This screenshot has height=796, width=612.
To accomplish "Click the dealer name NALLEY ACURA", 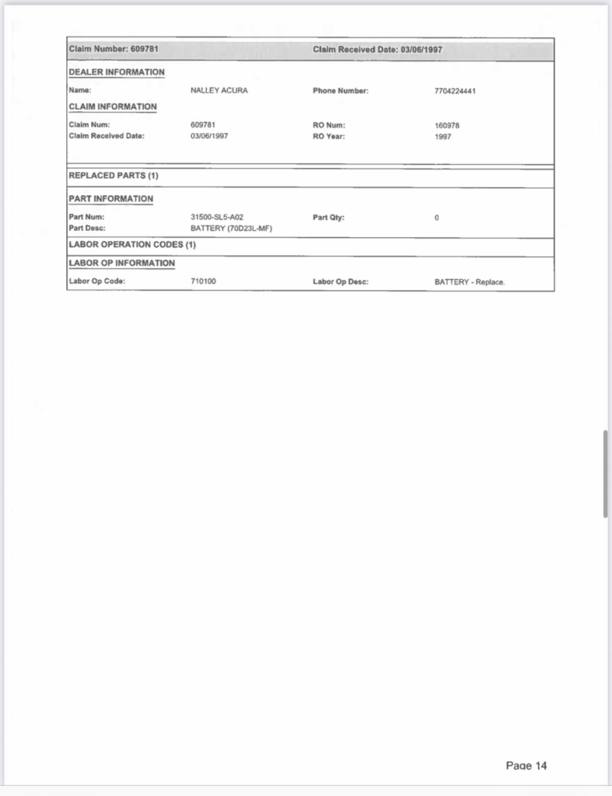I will [x=219, y=91].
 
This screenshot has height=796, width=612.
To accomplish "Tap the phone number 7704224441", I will [x=455, y=91].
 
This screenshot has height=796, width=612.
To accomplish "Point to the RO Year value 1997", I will [x=442, y=136].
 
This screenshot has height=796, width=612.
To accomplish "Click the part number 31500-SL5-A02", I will [x=217, y=218].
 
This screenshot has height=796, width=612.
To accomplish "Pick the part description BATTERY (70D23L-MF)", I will [x=231, y=229].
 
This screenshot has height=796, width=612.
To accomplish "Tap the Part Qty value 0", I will [x=437, y=218].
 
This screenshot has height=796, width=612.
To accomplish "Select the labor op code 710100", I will [x=203, y=281].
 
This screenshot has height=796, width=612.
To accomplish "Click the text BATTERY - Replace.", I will [x=470, y=282].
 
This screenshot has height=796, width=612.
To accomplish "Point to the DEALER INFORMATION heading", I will [x=117, y=72].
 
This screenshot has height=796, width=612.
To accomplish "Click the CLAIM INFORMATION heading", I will [x=113, y=106].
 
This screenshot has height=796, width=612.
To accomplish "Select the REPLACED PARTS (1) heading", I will [x=114, y=176].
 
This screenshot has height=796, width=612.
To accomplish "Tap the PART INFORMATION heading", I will [x=111, y=199].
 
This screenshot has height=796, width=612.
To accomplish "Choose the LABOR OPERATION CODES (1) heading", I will [x=132, y=245].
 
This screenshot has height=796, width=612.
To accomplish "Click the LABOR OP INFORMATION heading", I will [x=122, y=264].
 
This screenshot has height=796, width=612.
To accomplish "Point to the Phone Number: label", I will [x=341, y=91].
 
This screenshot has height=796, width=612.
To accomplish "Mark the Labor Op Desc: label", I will [x=341, y=281].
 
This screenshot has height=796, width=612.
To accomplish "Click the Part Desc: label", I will [x=87, y=229].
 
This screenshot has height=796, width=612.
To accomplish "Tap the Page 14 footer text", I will [x=526, y=766].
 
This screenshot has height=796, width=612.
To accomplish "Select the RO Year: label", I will [x=328, y=136].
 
